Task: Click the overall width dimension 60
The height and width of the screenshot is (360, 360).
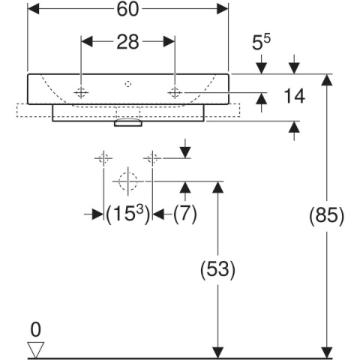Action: click(127, 10)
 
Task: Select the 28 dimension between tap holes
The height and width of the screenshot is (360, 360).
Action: click(127, 42)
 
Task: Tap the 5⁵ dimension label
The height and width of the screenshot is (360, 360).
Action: click(261, 42)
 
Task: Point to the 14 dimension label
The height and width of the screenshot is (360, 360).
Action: click(294, 96)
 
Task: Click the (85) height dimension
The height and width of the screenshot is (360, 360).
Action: click(327, 216)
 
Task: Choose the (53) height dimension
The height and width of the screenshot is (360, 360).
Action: click(217, 269)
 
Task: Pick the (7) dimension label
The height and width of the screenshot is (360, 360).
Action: click(185, 214)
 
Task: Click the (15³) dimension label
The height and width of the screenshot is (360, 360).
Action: click(128, 214)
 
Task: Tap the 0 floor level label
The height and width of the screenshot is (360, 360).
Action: click(35, 330)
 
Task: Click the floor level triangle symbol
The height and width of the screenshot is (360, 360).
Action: click(36, 349)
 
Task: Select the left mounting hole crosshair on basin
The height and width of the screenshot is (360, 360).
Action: click(81, 93)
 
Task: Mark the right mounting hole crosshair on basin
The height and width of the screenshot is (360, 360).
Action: click(175, 93)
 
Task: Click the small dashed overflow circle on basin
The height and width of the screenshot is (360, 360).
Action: click(128, 84)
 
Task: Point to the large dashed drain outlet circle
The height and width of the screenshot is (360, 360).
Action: click(128, 181)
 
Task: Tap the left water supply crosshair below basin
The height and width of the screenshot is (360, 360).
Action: click(103, 158)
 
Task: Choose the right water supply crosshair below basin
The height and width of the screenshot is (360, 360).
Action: click(152, 158)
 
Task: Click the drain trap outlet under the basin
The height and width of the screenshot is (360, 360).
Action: click(128, 123)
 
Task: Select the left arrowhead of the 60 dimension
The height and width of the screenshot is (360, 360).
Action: click(34, 9)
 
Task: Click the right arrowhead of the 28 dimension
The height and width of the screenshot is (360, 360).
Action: click(169, 41)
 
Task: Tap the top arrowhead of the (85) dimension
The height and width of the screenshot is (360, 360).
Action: click(327, 80)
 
